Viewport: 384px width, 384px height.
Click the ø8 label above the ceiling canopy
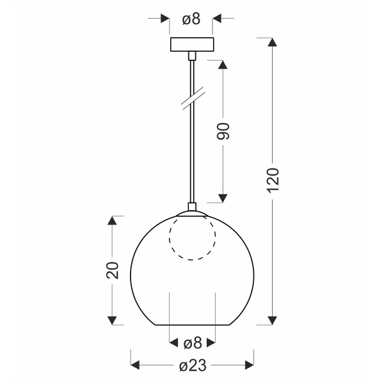[191, 19]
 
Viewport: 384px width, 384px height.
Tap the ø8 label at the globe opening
[192, 344]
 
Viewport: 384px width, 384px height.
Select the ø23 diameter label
[192, 366]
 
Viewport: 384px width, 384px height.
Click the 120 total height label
[273, 180]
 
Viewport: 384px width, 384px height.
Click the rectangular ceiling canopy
[191, 46]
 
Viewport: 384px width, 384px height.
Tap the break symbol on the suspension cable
[192, 98]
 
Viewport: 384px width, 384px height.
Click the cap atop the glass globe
[192, 208]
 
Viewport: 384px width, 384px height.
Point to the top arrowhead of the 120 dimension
[273, 44]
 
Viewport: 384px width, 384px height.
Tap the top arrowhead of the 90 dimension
[223, 65]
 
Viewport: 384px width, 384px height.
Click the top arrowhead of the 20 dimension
[112, 221]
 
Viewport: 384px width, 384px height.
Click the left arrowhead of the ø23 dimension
[135, 366]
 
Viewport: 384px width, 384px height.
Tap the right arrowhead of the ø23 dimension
[249, 366]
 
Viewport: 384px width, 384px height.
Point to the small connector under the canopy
[191, 57]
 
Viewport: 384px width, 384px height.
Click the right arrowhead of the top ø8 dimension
[218, 19]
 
